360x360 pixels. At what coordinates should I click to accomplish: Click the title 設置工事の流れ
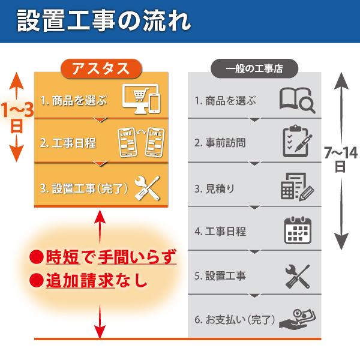tap(104, 22)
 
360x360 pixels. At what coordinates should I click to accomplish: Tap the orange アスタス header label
tap(100, 68)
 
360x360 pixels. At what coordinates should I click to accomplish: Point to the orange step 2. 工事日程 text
tap(68, 143)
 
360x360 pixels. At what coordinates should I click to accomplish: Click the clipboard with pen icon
tap(297, 142)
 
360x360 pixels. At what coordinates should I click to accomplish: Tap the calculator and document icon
tap(297, 187)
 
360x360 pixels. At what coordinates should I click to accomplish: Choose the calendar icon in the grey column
tap(297, 231)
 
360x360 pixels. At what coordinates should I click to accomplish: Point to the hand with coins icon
tap(297, 318)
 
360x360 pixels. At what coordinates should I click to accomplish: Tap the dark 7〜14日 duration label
tap(340, 159)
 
